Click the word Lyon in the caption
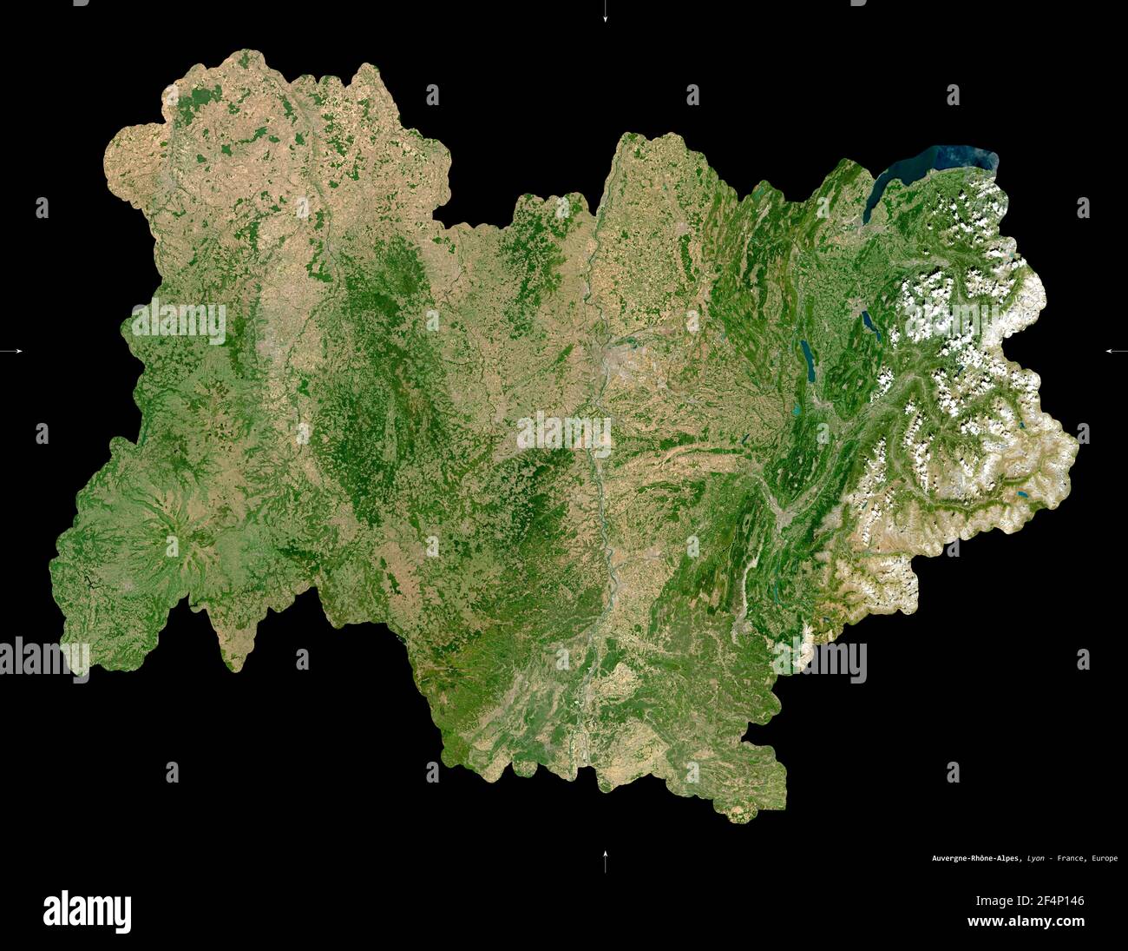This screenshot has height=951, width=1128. (1035, 859)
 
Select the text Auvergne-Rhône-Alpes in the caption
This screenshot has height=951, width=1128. (976, 859)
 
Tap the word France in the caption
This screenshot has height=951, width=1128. (1071, 859)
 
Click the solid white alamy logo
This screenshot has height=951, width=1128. (87, 910)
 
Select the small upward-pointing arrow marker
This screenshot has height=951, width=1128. (605, 860)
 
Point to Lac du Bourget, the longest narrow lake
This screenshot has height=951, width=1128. (808, 360)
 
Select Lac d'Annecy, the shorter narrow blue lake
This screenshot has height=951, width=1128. (869, 324)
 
